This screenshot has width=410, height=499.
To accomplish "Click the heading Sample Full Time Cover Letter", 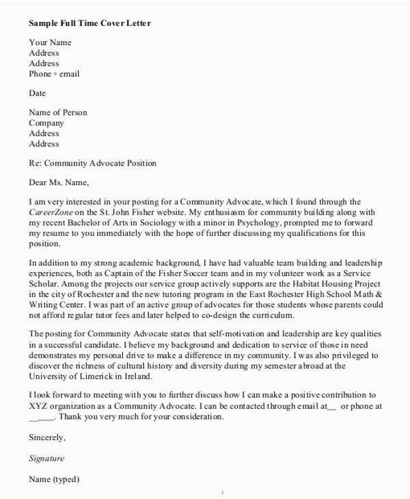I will click(x=90, y=24).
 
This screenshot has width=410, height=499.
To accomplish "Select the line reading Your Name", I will click(x=50, y=42).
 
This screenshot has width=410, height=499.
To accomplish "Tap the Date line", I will click(x=38, y=93).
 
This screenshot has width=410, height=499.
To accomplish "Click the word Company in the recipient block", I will click(x=46, y=123).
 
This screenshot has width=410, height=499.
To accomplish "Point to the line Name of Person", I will click(x=58, y=113).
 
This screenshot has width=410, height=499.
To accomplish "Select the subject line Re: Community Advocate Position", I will click(x=93, y=163).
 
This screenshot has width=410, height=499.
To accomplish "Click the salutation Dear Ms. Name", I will click(x=59, y=183).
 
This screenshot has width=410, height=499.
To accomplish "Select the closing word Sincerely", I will click(x=48, y=437).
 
